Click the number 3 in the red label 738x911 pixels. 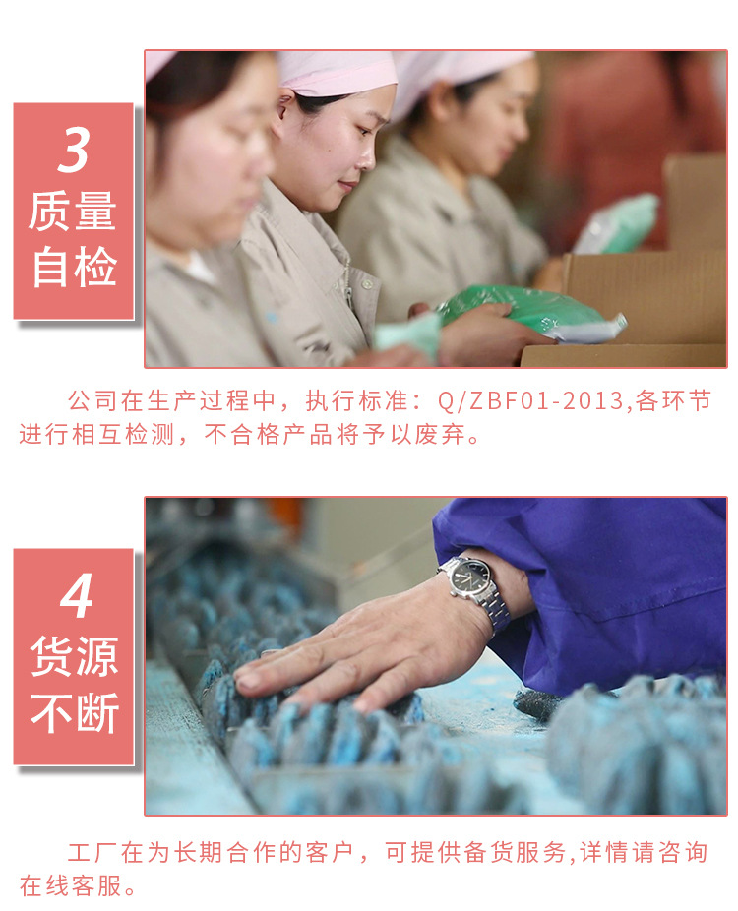click(x=74, y=151)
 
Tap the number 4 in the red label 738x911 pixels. click(x=76, y=595)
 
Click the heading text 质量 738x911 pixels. click(x=73, y=212)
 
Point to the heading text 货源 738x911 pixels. click(x=75, y=656)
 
